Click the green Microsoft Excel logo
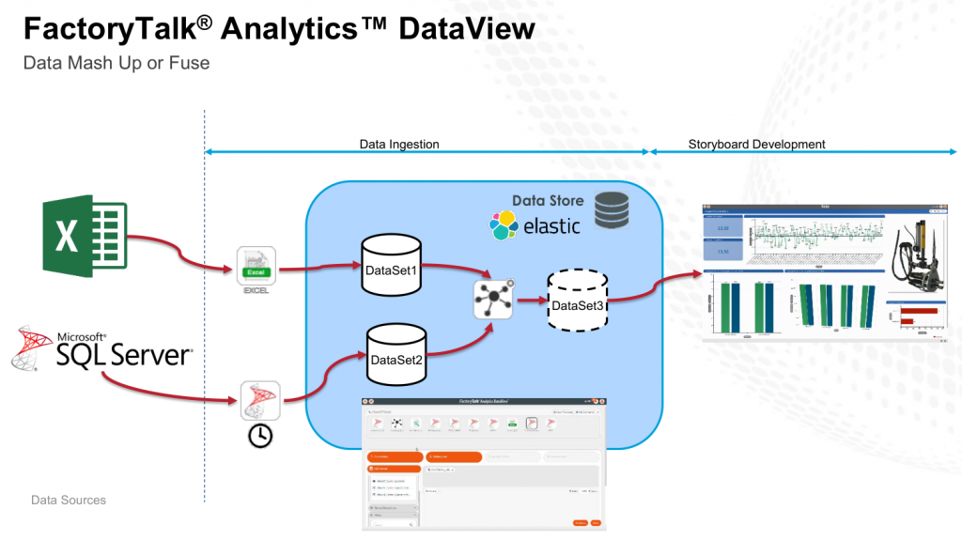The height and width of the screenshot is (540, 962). click(85, 237)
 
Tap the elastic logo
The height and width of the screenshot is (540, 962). click(535, 225)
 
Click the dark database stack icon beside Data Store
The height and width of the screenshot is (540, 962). click(613, 210)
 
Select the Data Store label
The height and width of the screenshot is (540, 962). click(547, 200)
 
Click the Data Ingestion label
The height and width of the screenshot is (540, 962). click(399, 145)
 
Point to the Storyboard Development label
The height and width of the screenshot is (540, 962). click(756, 145)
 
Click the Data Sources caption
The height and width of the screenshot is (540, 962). click(69, 500)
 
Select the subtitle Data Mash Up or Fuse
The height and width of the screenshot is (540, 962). click(116, 64)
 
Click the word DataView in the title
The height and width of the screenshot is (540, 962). click(467, 28)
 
